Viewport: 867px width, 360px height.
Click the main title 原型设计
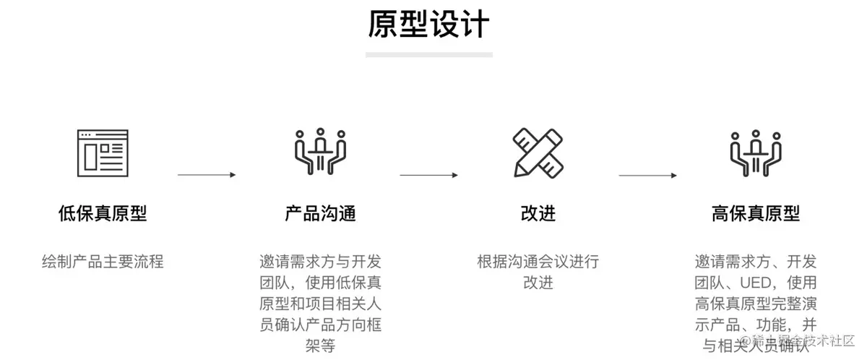click(428, 25)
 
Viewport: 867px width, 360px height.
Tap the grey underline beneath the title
click(428, 54)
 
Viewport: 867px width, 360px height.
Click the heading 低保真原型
click(103, 213)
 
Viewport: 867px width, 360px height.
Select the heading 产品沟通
click(320, 213)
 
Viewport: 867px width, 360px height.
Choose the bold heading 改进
click(538, 213)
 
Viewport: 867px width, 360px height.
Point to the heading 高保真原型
click(755, 213)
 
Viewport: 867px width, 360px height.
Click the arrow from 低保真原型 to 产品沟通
click(207, 175)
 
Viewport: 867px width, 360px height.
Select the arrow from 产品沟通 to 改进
click(428, 175)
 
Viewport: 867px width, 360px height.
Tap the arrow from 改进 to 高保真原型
click(647, 175)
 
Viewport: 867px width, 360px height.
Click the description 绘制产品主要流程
click(103, 261)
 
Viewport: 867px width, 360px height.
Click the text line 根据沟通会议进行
click(538, 261)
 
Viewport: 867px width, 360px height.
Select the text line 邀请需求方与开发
click(320, 261)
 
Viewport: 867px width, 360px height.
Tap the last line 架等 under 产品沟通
click(320, 346)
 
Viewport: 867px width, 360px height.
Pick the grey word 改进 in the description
click(538, 282)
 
